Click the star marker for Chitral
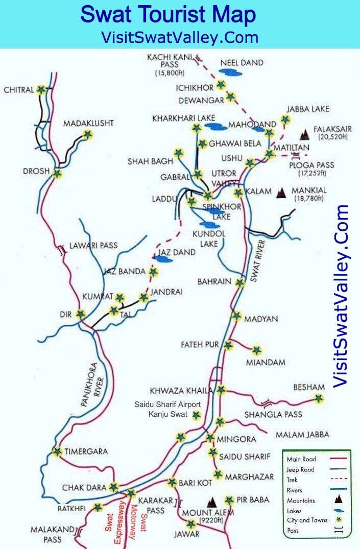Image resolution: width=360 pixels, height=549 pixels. pyautogui.click(x=41, y=90)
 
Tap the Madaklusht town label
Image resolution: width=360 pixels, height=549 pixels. pyautogui.click(x=88, y=124)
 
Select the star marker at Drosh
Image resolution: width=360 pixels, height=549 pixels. pyautogui.click(x=57, y=174)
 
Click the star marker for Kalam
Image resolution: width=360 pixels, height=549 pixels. pyautogui.click(x=238, y=193)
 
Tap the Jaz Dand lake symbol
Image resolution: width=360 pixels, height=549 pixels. pyautogui.click(x=163, y=259)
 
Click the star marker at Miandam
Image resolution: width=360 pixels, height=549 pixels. pyautogui.click(x=256, y=350)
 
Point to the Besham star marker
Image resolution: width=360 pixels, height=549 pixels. pyautogui.click(x=319, y=399)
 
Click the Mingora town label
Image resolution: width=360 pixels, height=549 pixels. pyautogui.click(x=235, y=438)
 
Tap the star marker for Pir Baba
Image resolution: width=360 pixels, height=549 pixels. pyautogui.click(x=229, y=500)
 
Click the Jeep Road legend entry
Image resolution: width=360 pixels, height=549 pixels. pyautogui.click(x=301, y=469)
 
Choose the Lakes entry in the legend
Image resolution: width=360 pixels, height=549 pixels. pyautogui.click(x=295, y=510)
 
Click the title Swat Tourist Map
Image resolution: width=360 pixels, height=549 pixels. pyautogui.click(x=168, y=15)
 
